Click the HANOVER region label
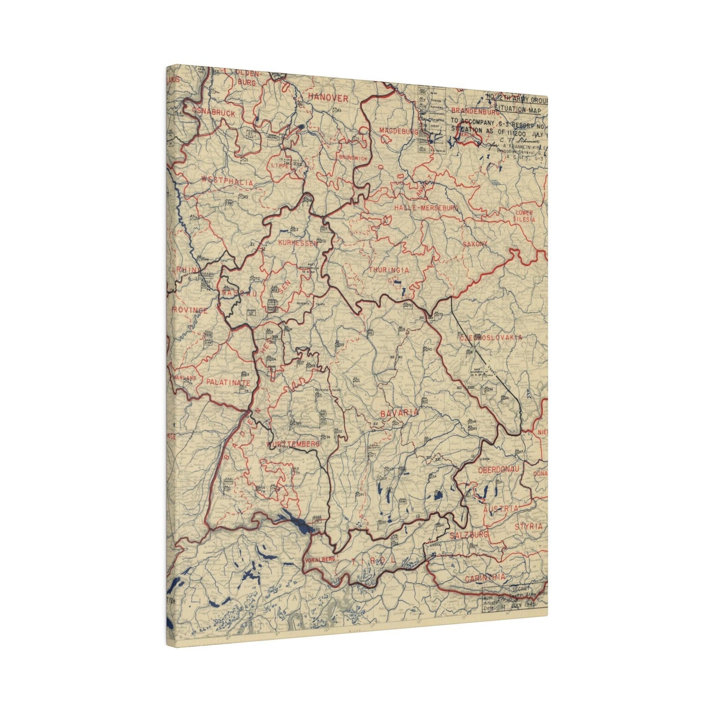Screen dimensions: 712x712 tap(328, 98)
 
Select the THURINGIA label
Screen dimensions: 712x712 tap(389, 270)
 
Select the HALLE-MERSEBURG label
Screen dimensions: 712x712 tap(426, 208)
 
